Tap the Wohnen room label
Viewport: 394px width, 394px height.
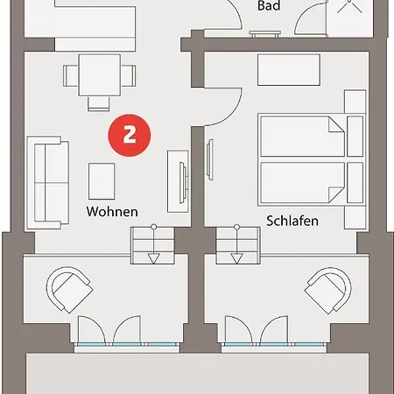[x=111, y=212]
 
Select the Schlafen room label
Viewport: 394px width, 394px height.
[x=292, y=222]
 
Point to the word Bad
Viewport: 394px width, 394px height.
[x=270, y=6]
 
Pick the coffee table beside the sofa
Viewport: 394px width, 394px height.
[x=102, y=181]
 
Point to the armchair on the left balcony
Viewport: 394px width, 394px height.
[x=69, y=289]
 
